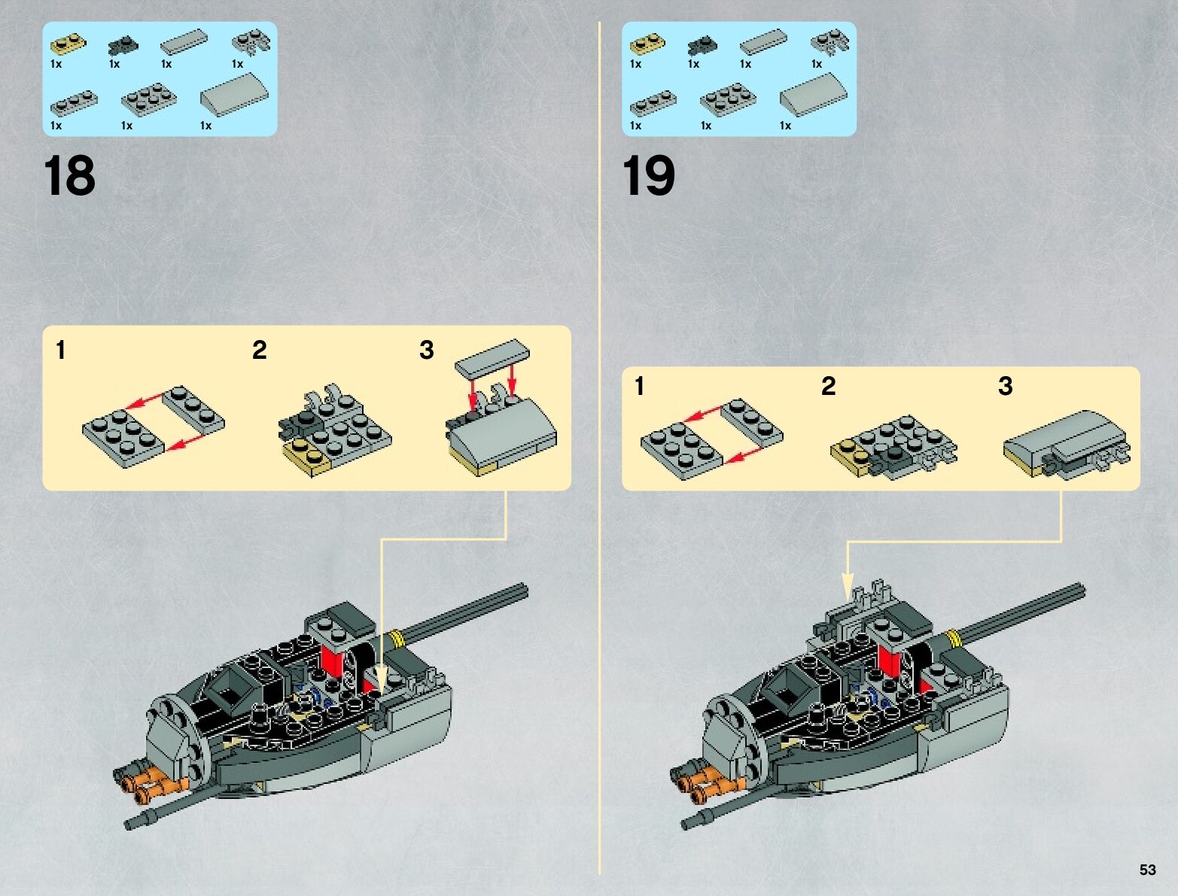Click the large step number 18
pos(69,176)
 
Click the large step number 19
pos(648,176)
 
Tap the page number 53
pos(1147,869)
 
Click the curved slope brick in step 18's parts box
pos(235,95)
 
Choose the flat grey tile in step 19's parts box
pos(763,42)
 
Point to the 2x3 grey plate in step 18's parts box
pos(149,99)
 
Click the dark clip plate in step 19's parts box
pos(702,46)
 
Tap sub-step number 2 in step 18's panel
pos(259,350)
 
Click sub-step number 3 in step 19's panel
pos(1005,386)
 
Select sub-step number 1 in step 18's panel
pos(61,350)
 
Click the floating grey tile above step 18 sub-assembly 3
pos(492,357)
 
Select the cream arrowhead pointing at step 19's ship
pos(848,587)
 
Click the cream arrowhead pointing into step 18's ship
pos(381,678)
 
